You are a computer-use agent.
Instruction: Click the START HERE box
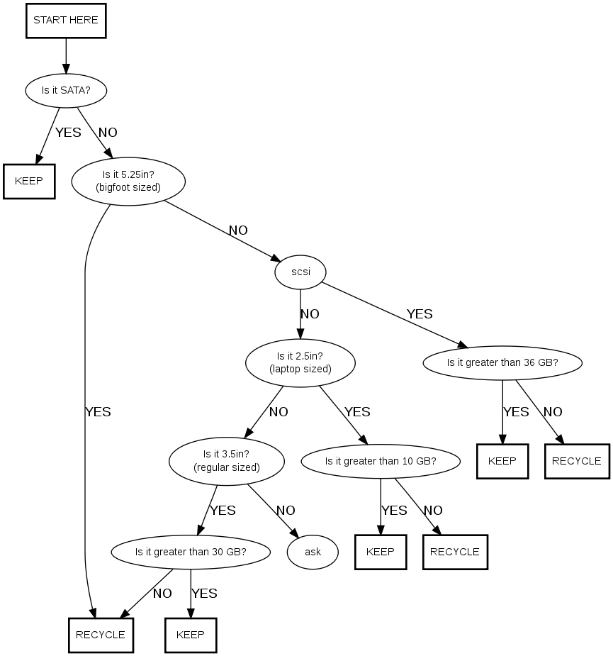(x=66, y=21)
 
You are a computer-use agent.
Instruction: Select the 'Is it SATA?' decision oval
(x=65, y=90)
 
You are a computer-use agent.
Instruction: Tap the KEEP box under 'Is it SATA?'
(x=29, y=180)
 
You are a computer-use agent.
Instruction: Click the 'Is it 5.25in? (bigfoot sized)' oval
(x=128, y=181)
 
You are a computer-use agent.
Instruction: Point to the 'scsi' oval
(x=300, y=271)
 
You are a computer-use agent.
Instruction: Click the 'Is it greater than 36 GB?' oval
(x=502, y=362)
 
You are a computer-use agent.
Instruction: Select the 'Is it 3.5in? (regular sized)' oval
(x=227, y=460)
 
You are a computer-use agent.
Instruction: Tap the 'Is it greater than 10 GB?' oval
(x=381, y=461)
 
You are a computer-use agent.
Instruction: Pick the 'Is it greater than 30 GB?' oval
(x=191, y=551)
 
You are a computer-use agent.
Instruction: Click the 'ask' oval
(x=313, y=552)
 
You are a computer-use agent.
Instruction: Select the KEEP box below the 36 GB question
(x=502, y=460)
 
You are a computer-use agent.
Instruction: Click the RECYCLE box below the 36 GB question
(x=576, y=460)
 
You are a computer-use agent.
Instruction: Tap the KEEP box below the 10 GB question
(x=381, y=551)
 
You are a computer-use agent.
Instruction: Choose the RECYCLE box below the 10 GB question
(x=455, y=551)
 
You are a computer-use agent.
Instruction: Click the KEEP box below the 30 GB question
(x=191, y=635)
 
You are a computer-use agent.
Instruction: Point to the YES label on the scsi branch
(x=420, y=314)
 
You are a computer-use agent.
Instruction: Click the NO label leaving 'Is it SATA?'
(x=108, y=133)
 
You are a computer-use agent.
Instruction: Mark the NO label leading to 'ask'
(x=286, y=511)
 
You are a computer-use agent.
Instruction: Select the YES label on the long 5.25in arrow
(x=98, y=412)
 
